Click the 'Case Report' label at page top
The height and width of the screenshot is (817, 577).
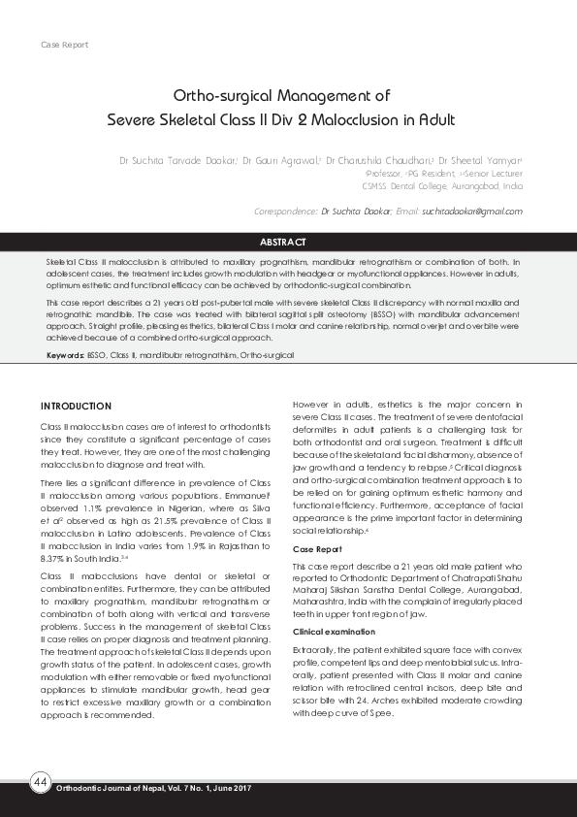click(64, 46)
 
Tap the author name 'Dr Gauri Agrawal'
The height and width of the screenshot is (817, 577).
click(280, 160)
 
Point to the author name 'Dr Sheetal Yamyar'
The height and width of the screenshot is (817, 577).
click(479, 160)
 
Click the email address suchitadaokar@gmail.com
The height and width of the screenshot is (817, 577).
click(474, 211)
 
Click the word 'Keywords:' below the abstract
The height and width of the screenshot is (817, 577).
click(64, 356)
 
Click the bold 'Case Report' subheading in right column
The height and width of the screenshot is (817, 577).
click(317, 549)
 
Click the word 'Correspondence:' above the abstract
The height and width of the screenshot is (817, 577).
click(285, 211)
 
